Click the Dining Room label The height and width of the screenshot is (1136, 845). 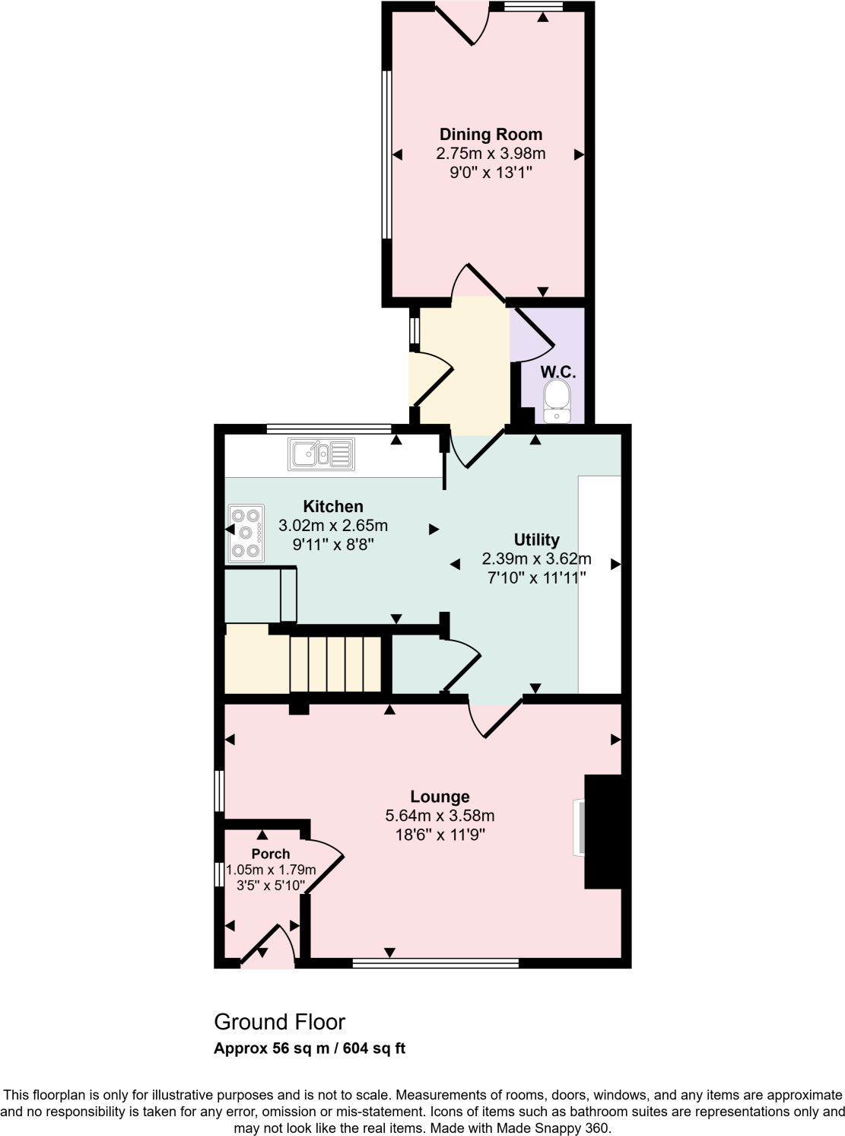pos(491,135)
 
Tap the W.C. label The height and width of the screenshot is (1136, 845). pos(558,372)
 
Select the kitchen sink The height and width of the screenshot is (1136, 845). pos(321,454)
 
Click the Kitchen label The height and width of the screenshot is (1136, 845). pos(333,507)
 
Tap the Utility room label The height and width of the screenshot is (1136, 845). pos(536,540)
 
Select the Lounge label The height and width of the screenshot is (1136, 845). pos(440,797)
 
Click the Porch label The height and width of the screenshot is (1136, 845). pos(271,854)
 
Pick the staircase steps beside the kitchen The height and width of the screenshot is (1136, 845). pos(335,664)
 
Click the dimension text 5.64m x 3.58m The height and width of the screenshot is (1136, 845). pos(440,816)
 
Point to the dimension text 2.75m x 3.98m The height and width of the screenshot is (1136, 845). pos(491,154)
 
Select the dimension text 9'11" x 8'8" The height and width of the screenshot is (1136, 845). pos(333,545)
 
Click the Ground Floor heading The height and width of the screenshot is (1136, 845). pos(279,1022)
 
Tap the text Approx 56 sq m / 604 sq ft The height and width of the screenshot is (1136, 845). pos(310,1048)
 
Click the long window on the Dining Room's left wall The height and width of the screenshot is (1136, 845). pos(386,154)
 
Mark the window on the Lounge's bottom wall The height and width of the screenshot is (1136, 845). pos(436,963)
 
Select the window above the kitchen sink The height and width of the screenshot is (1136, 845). pos(329,428)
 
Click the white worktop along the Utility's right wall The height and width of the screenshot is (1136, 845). pos(599,584)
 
